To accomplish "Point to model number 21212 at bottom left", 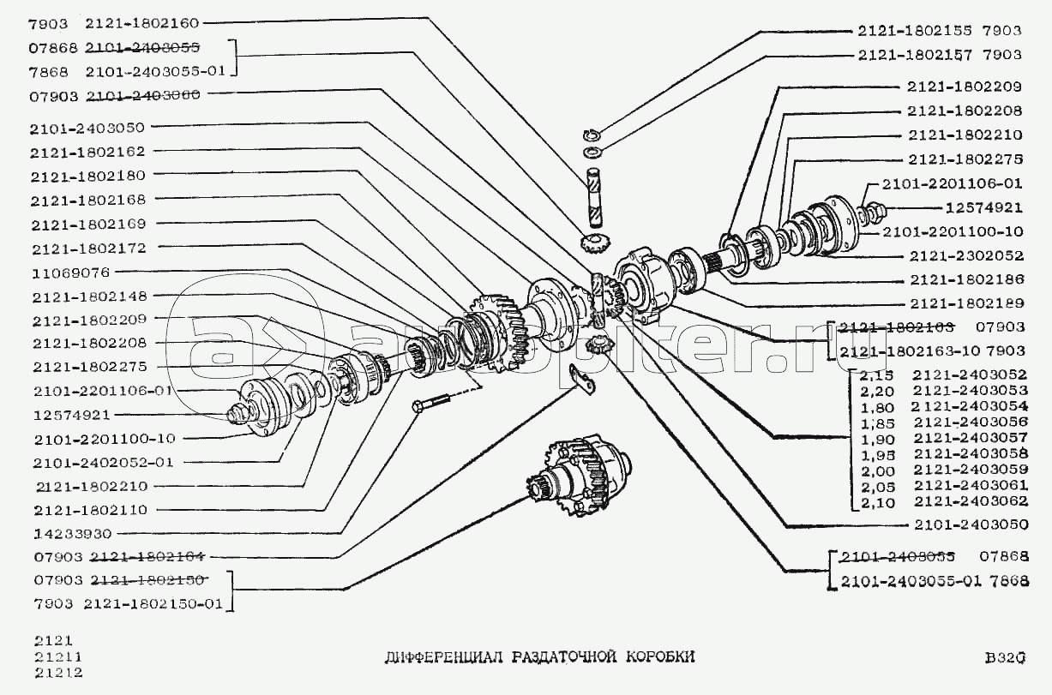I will point(53,672).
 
